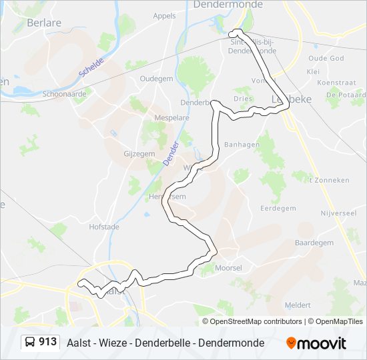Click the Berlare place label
pyautogui.click(x=44, y=22)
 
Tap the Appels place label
pyautogui.click(x=164, y=16)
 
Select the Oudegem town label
pyautogui.click(x=156, y=79)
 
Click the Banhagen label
pyautogui.click(x=241, y=144)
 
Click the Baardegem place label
pyautogui.click(x=314, y=243)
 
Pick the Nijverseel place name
pyautogui.click(x=339, y=214)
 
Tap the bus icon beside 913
pyautogui.click(x=30, y=343)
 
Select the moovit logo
pyautogui.click(x=316, y=343)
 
